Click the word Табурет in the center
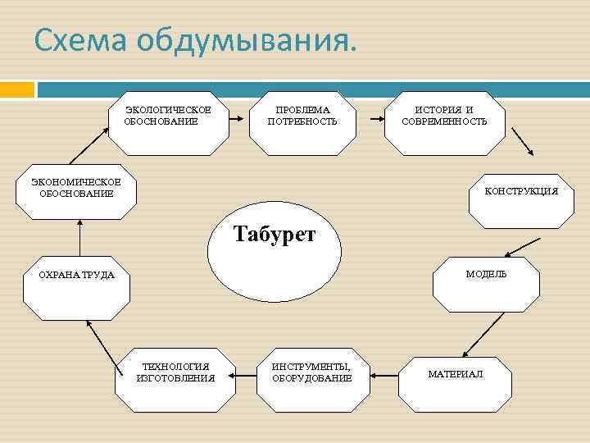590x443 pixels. coord(275,235)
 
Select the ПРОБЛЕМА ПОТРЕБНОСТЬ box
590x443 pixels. coord(302,121)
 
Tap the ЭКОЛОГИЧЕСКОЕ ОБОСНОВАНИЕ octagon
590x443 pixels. coord(168,121)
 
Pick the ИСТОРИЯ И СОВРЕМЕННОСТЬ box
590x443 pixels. coord(444,121)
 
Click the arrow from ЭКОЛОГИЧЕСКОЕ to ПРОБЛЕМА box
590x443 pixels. coord(233,119)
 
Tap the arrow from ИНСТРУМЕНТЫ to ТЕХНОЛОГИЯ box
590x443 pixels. coord(244,376)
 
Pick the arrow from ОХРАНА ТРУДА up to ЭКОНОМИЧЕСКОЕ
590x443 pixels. coord(80,238)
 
